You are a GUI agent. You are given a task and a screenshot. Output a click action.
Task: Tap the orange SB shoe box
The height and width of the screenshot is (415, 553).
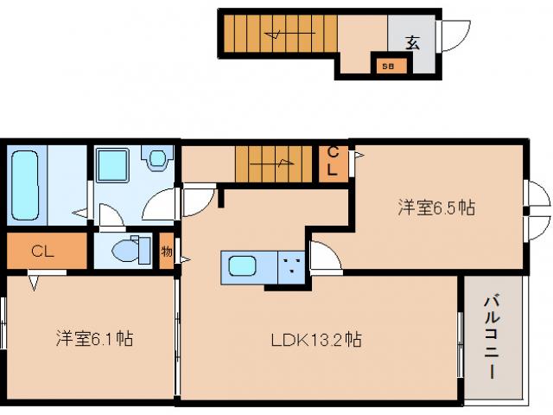tap(387, 65)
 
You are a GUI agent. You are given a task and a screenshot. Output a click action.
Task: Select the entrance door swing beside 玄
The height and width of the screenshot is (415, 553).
tap(454, 35)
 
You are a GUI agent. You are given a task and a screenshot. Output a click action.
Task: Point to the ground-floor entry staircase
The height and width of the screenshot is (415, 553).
tap(276, 35)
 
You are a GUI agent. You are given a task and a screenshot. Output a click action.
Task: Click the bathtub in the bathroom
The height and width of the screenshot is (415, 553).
tap(26, 185)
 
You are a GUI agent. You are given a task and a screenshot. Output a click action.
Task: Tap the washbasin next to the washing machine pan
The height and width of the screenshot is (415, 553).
tap(156, 158)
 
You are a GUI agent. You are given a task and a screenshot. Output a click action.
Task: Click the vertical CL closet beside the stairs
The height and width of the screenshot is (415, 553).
tap(333, 161)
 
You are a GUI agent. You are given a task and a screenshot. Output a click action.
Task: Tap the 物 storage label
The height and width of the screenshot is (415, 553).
tap(166, 252)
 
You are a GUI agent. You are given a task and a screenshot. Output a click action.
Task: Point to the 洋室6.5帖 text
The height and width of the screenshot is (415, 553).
tap(436, 207)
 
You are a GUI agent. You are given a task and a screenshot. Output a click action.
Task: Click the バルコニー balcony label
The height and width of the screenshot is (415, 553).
tap(490, 338)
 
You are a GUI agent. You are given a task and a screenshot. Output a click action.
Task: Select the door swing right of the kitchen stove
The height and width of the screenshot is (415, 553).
tap(324, 257)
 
